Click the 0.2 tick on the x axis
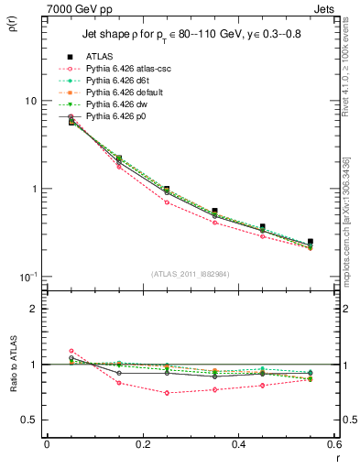point(142,444)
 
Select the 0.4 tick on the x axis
point(238,444)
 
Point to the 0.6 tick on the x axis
point(333,444)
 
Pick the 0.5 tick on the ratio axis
point(28,420)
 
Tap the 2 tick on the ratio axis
point(32,309)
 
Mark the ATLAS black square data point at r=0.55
point(310,242)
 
